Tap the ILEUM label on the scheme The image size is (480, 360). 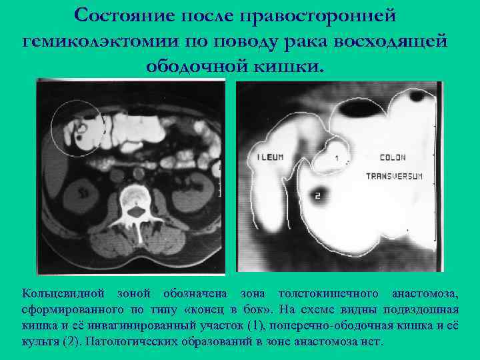(270, 157)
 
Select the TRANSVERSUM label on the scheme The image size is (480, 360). (395, 176)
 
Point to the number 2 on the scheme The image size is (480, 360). (317, 195)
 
